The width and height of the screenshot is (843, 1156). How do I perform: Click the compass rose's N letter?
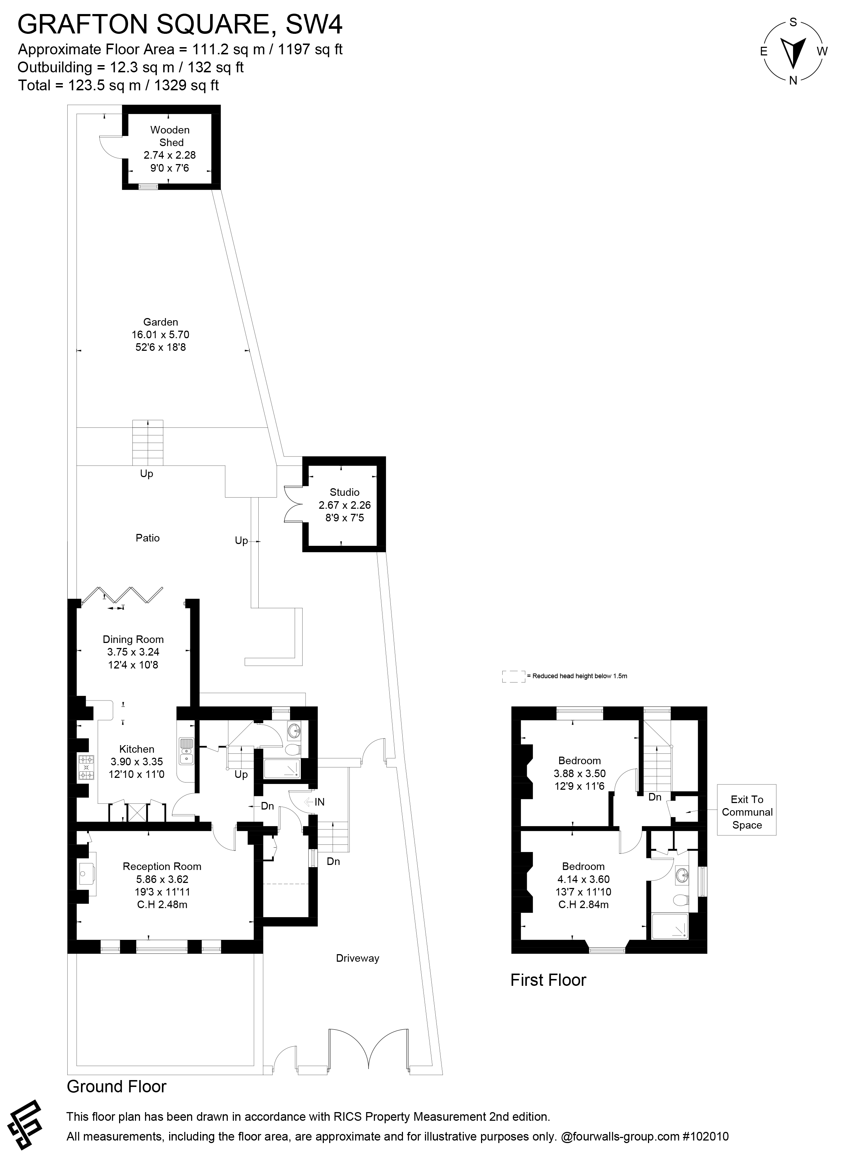pos(793,80)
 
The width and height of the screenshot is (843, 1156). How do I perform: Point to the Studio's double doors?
pos(293,504)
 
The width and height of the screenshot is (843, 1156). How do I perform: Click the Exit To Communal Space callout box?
pos(747,812)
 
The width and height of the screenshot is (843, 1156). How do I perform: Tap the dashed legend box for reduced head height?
pos(513,676)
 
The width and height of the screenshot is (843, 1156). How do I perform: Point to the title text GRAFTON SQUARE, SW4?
pos(180,24)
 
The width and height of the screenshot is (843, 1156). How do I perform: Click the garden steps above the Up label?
pos(148,442)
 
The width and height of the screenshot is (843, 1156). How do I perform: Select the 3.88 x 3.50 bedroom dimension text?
pos(579,774)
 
